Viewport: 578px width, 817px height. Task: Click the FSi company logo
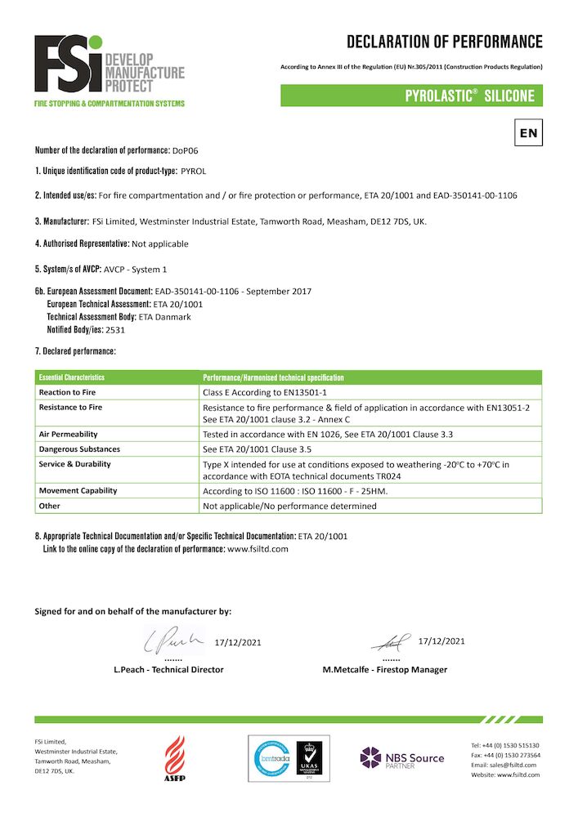click(x=109, y=71)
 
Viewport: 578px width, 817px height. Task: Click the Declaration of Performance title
click(x=444, y=42)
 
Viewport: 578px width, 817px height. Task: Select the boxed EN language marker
click(x=528, y=132)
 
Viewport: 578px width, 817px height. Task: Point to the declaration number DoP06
click(x=186, y=150)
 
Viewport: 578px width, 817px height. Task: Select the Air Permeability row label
click(x=69, y=435)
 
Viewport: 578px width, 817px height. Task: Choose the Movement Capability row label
click(x=78, y=490)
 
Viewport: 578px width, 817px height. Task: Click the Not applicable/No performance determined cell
click(x=289, y=506)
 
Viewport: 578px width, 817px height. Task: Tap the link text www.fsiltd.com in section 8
click(x=258, y=549)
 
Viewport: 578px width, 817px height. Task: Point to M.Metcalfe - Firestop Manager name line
click(x=385, y=670)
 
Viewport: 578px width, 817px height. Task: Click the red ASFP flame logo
click(x=176, y=758)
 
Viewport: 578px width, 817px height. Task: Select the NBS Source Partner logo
click(x=402, y=758)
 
